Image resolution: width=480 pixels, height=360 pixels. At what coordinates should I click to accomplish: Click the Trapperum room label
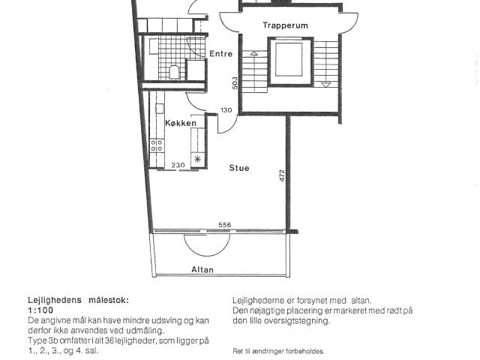pyautogui.click(x=285, y=25)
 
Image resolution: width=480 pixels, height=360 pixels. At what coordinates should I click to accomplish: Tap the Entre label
pyautogui.click(x=220, y=53)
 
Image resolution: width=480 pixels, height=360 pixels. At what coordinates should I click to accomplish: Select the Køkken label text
pyautogui.click(x=181, y=123)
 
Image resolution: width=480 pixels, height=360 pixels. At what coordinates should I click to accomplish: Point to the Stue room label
pyautogui.click(x=239, y=168)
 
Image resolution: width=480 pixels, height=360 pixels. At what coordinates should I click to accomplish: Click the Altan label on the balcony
pyautogui.click(x=202, y=269)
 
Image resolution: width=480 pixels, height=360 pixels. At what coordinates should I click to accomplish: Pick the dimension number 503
pyautogui.click(x=235, y=82)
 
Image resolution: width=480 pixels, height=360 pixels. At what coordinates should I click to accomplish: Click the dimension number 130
pyautogui.click(x=226, y=110)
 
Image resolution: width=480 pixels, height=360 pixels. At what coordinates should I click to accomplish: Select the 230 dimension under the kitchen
pyautogui.click(x=178, y=165)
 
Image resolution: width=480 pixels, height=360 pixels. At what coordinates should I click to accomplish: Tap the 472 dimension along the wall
pyautogui.click(x=282, y=175)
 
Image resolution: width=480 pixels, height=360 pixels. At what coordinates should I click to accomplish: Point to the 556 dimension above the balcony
pyautogui.click(x=225, y=225)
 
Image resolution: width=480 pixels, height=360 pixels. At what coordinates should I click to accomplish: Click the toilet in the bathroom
pyautogui.click(x=174, y=72)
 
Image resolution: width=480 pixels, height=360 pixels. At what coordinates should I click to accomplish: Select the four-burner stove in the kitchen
pyautogui.click(x=157, y=145)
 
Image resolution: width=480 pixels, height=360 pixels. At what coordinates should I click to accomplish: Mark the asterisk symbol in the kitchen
pyautogui.click(x=198, y=159)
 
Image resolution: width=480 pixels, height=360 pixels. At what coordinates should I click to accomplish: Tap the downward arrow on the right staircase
pyautogui.click(x=326, y=85)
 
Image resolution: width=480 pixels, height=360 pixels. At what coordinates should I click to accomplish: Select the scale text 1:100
pyautogui.click(x=40, y=310)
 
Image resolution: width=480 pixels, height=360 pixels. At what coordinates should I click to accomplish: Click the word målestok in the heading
pyautogui.click(x=109, y=300)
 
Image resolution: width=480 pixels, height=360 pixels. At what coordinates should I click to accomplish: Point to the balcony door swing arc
pyautogui.click(x=207, y=250)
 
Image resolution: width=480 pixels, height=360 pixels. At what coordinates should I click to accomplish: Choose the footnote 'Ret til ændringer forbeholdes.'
pyautogui.click(x=278, y=351)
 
